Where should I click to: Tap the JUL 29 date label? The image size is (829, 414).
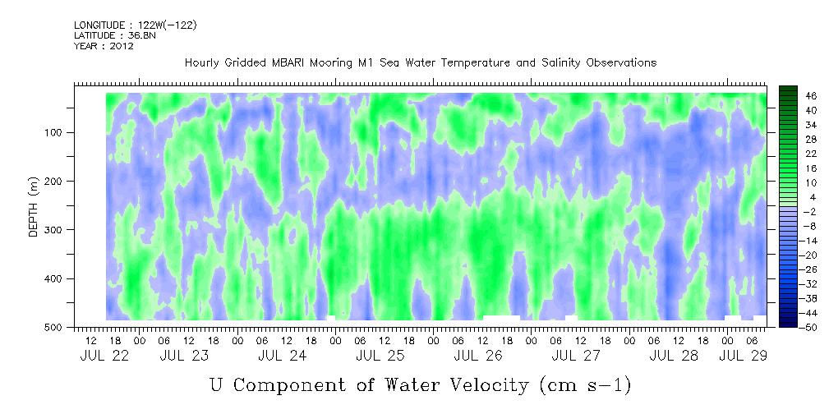coord(743,356)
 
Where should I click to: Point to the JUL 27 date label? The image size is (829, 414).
coord(575,356)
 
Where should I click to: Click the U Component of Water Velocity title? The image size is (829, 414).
coord(419,384)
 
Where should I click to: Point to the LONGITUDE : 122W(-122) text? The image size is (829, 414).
coord(135,25)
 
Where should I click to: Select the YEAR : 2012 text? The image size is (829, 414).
coord(104,46)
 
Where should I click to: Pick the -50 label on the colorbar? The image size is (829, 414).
coord(810,327)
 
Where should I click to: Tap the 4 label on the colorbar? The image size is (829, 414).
coord(808,197)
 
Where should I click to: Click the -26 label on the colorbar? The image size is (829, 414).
coord(810,269)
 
